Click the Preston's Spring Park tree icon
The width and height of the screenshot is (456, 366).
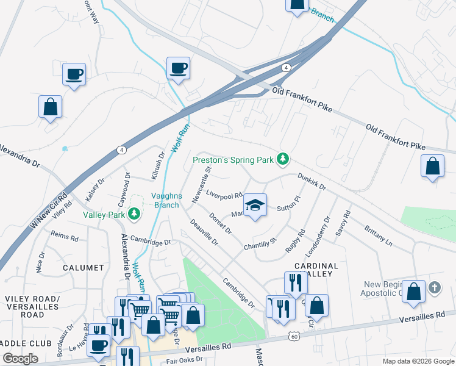pyautogui.click(x=283, y=159)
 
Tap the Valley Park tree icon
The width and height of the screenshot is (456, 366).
pyautogui.click(x=134, y=214)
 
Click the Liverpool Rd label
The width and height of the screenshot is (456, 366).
pyautogui.click(x=224, y=195)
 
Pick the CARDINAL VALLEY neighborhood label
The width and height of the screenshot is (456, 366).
pyautogui.click(x=316, y=270)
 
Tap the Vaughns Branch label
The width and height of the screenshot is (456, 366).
pyautogui.click(x=165, y=201)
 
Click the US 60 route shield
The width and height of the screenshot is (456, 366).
pyautogui.click(x=294, y=336)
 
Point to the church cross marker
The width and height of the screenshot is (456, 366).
pyautogui.click(x=434, y=287)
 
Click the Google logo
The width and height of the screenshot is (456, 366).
pyautogui.click(x=21, y=359)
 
